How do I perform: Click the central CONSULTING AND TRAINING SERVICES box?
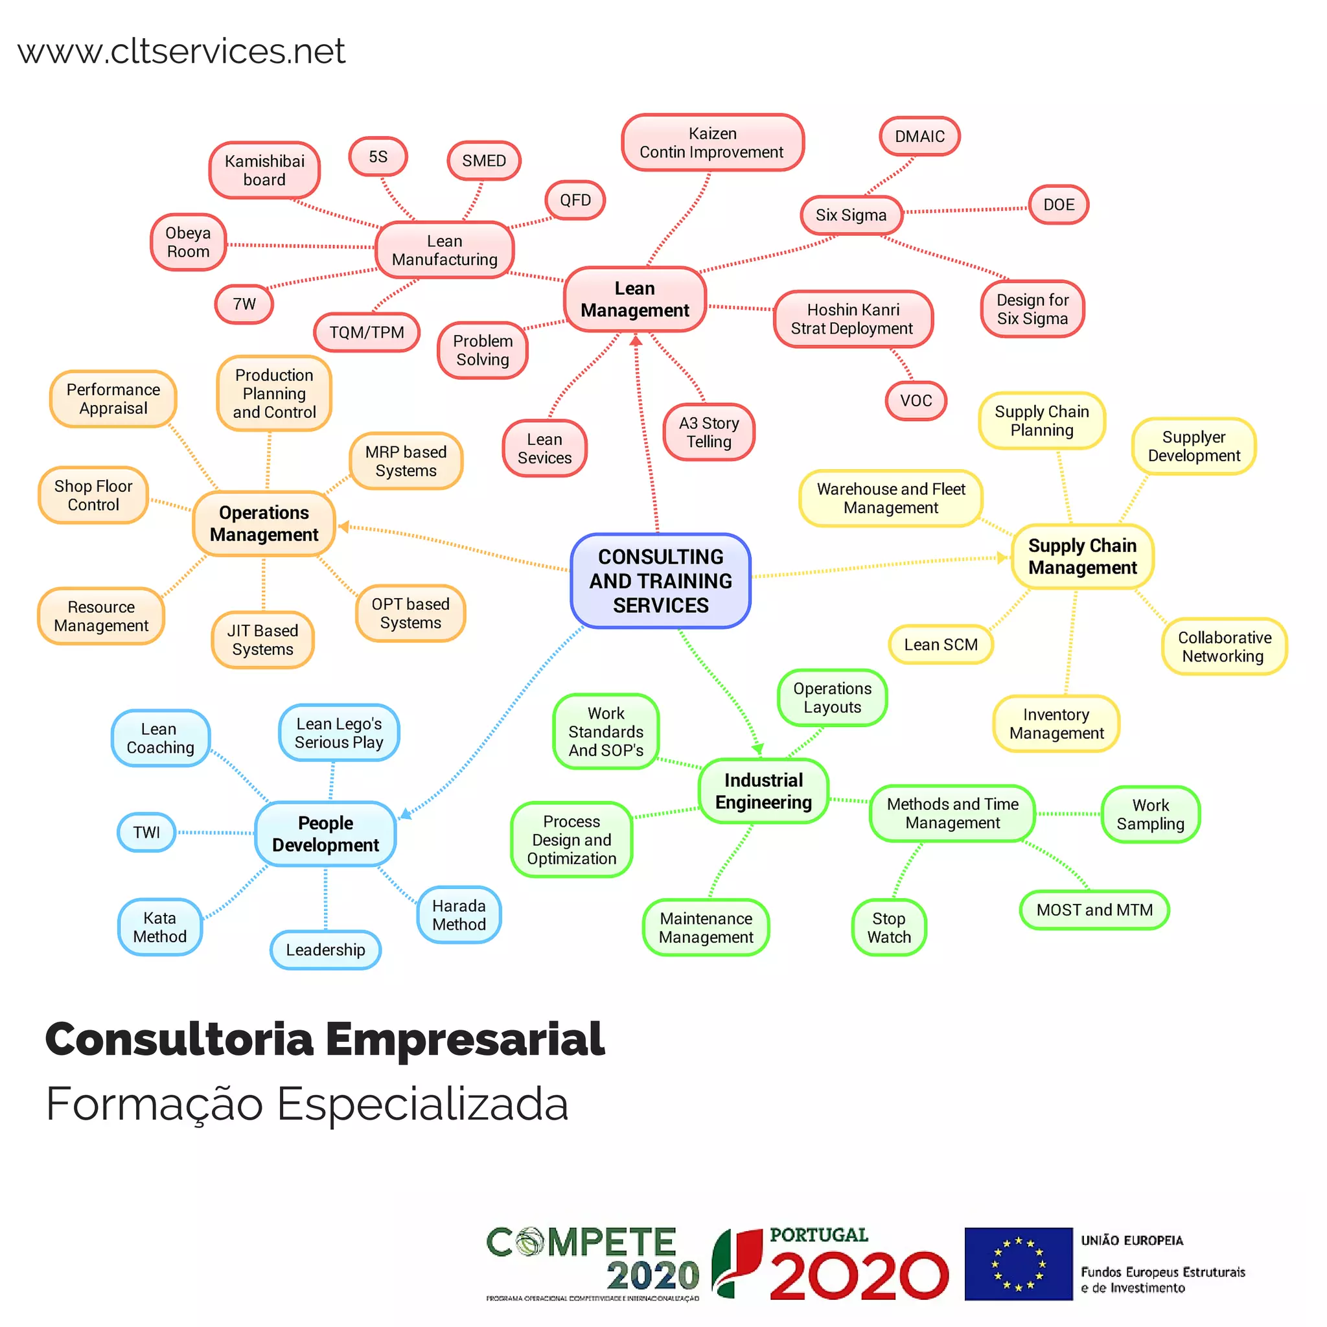pyautogui.click(x=660, y=581)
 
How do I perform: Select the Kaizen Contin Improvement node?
pyautogui.click(x=712, y=142)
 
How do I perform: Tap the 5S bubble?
pyautogui.click(x=378, y=157)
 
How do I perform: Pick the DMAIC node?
pyautogui.click(x=919, y=136)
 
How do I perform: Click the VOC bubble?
pyautogui.click(x=916, y=400)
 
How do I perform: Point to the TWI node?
pyautogui.click(x=146, y=832)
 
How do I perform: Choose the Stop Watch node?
pyautogui.click(x=889, y=927)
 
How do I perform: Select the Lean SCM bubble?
pyautogui.click(x=940, y=644)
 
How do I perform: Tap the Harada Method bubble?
pyautogui.click(x=459, y=915)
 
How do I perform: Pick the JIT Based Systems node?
pyautogui.click(x=262, y=640)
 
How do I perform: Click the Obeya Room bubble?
pyautogui.click(x=188, y=242)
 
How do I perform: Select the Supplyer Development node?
pyautogui.click(x=1194, y=446)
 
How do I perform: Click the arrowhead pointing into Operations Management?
pyautogui.click(x=343, y=527)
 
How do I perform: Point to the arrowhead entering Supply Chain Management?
pyautogui.click(x=1002, y=557)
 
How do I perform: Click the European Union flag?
pyautogui.click(x=1018, y=1264)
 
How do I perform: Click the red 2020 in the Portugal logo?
pyautogui.click(x=859, y=1276)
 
